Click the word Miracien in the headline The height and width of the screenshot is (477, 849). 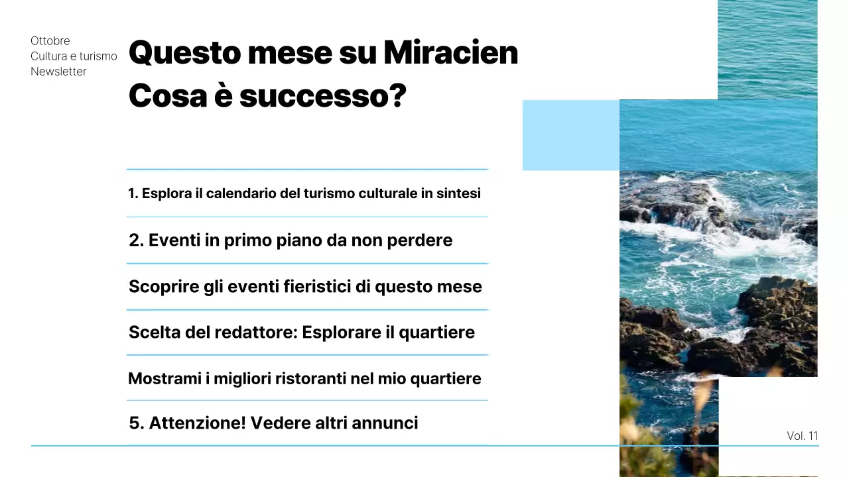point(450,52)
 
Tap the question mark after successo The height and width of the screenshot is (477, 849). point(397,96)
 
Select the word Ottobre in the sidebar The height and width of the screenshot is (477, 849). point(50,41)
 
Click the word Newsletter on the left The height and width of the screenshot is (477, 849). point(58,72)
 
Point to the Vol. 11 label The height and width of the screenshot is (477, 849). point(802,436)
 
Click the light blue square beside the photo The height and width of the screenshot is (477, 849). point(570,135)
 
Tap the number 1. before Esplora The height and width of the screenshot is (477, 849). point(133,193)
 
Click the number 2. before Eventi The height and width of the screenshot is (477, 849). point(136,240)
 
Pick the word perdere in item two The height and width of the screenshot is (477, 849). point(421,240)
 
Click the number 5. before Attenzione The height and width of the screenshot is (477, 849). point(136,423)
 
